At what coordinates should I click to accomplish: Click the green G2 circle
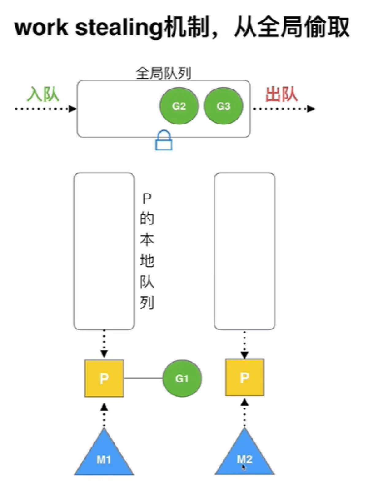(x=179, y=106)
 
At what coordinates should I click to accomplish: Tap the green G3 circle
(x=223, y=106)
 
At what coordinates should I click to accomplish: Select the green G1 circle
(x=182, y=378)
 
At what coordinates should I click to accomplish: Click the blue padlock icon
(x=164, y=141)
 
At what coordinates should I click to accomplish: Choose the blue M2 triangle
(x=244, y=457)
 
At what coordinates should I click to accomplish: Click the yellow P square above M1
(x=104, y=378)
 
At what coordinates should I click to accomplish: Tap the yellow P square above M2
(x=244, y=377)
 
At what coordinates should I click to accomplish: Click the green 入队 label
(x=43, y=94)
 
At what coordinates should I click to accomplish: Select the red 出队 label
(x=281, y=94)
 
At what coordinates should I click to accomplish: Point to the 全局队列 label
(x=163, y=73)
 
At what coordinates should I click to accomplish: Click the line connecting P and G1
(x=143, y=378)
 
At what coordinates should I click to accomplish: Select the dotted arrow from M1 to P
(x=104, y=416)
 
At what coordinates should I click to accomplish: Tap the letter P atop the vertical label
(x=147, y=199)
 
